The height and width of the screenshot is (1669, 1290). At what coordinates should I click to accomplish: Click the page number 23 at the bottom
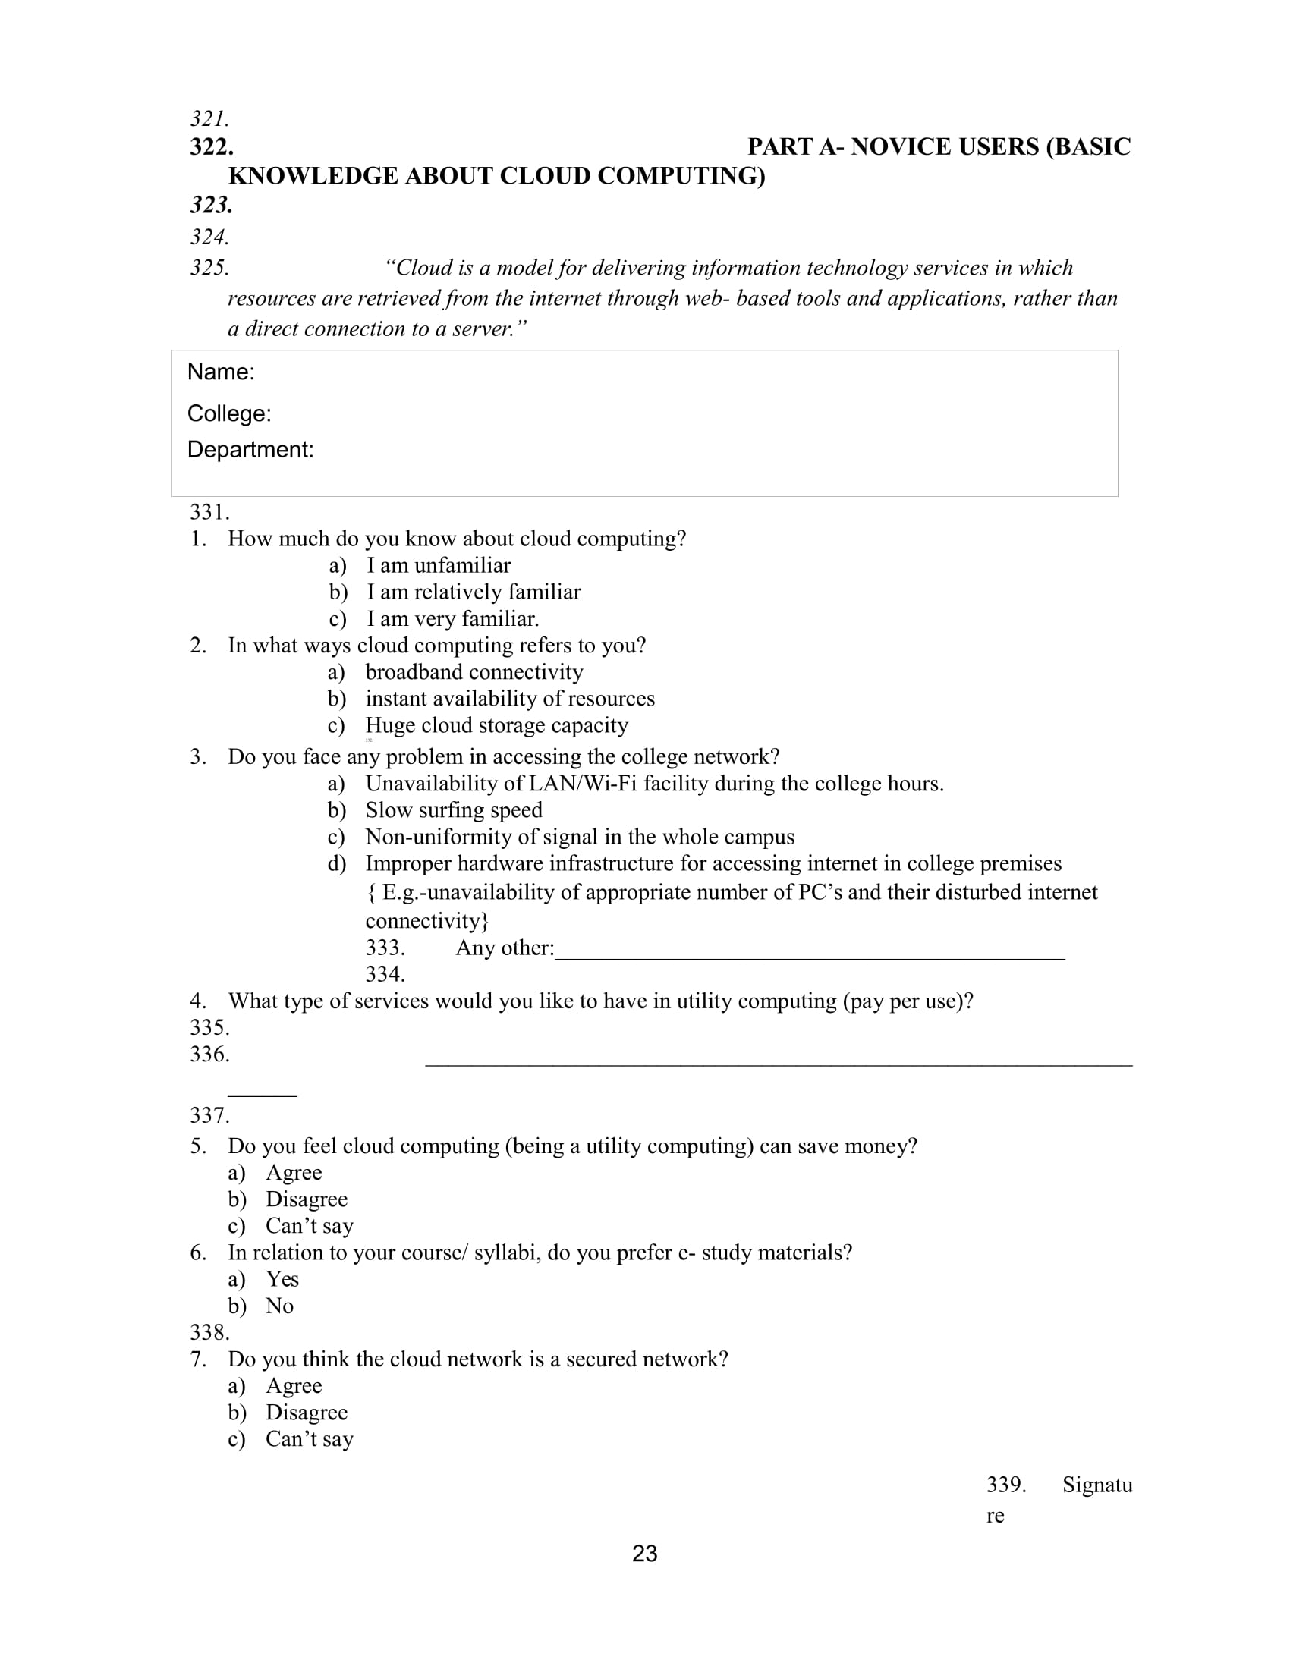(644, 1554)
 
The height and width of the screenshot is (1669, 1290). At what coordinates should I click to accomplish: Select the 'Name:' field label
(221, 372)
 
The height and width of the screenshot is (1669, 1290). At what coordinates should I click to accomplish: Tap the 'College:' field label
(229, 413)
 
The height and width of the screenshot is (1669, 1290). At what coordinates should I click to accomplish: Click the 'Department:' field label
(250, 449)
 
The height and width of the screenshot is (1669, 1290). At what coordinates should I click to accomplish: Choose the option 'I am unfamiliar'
(438, 565)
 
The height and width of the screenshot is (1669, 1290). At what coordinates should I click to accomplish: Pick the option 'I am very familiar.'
(452, 618)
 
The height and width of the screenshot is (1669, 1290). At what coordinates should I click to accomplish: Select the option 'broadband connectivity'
(474, 671)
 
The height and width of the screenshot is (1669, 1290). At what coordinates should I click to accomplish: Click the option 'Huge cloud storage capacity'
(497, 725)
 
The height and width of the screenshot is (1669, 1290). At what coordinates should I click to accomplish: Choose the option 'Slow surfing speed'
(454, 810)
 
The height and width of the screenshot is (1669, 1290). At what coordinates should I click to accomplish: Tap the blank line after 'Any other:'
(810, 952)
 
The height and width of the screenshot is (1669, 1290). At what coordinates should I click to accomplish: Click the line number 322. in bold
(212, 146)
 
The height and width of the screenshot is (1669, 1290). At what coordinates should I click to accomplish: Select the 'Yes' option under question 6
(282, 1279)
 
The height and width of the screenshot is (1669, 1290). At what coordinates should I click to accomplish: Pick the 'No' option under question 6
(280, 1306)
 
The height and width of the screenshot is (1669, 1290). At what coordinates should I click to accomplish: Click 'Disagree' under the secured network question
(307, 1413)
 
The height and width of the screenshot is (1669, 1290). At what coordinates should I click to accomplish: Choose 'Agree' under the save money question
(294, 1172)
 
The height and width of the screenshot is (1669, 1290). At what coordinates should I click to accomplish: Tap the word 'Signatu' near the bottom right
(1097, 1485)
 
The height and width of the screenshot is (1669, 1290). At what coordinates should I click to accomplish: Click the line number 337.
(209, 1115)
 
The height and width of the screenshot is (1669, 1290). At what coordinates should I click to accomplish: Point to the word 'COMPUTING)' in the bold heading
(681, 176)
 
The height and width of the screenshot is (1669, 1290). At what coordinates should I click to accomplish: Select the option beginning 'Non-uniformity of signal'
(579, 837)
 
